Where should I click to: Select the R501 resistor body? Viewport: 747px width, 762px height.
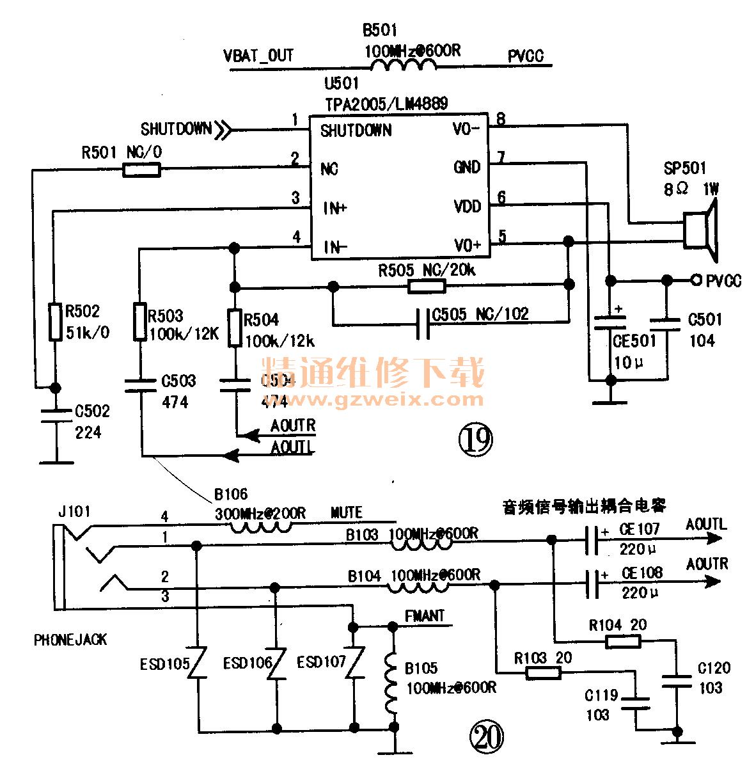click(x=141, y=170)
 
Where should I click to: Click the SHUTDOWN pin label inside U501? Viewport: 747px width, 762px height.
click(x=356, y=131)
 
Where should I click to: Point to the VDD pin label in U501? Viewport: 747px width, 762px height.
click(x=468, y=207)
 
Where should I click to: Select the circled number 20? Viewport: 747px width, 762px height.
click(x=487, y=738)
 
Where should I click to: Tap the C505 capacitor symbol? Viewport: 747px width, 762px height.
click(x=422, y=324)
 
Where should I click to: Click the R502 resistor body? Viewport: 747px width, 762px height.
click(x=55, y=321)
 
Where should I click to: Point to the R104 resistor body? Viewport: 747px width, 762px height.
click(x=622, y=641)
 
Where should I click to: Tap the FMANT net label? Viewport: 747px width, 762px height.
click(x=425, y=616)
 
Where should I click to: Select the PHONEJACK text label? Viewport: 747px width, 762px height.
click(x=70, y=640)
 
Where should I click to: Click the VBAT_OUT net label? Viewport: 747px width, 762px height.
click(x=258, y=55)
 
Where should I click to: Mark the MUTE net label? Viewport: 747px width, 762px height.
click(x=347, y=513)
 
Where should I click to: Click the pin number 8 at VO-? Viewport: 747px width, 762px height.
click(x=501, y=119)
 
